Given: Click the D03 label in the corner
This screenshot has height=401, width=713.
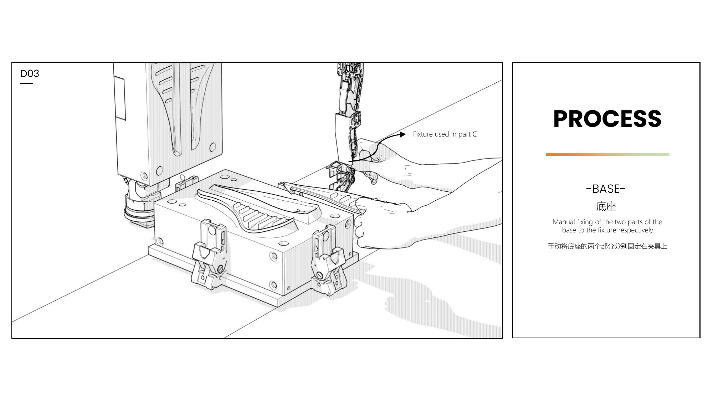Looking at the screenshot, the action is [30, 73].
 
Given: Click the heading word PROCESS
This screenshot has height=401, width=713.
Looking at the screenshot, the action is [607, 119].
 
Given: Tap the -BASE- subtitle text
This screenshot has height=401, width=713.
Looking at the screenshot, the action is [606, 189].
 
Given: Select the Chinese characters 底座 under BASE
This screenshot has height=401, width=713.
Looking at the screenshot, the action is [606, 206].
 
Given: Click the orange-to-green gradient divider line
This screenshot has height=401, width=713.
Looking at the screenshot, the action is [607, 154].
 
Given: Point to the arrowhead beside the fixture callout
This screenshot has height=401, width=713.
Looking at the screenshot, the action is [402, 134].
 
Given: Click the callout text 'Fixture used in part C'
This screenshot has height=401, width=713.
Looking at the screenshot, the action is [445, 134].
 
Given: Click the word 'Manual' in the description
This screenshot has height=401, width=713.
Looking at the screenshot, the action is [564, 222].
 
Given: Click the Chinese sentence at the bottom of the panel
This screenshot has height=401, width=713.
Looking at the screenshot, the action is [607, 246].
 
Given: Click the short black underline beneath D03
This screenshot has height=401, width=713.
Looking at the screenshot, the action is [27, 83].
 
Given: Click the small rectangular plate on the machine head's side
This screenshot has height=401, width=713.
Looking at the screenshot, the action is [120, 98].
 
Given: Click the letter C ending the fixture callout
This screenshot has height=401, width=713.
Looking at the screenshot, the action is [475, 134].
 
